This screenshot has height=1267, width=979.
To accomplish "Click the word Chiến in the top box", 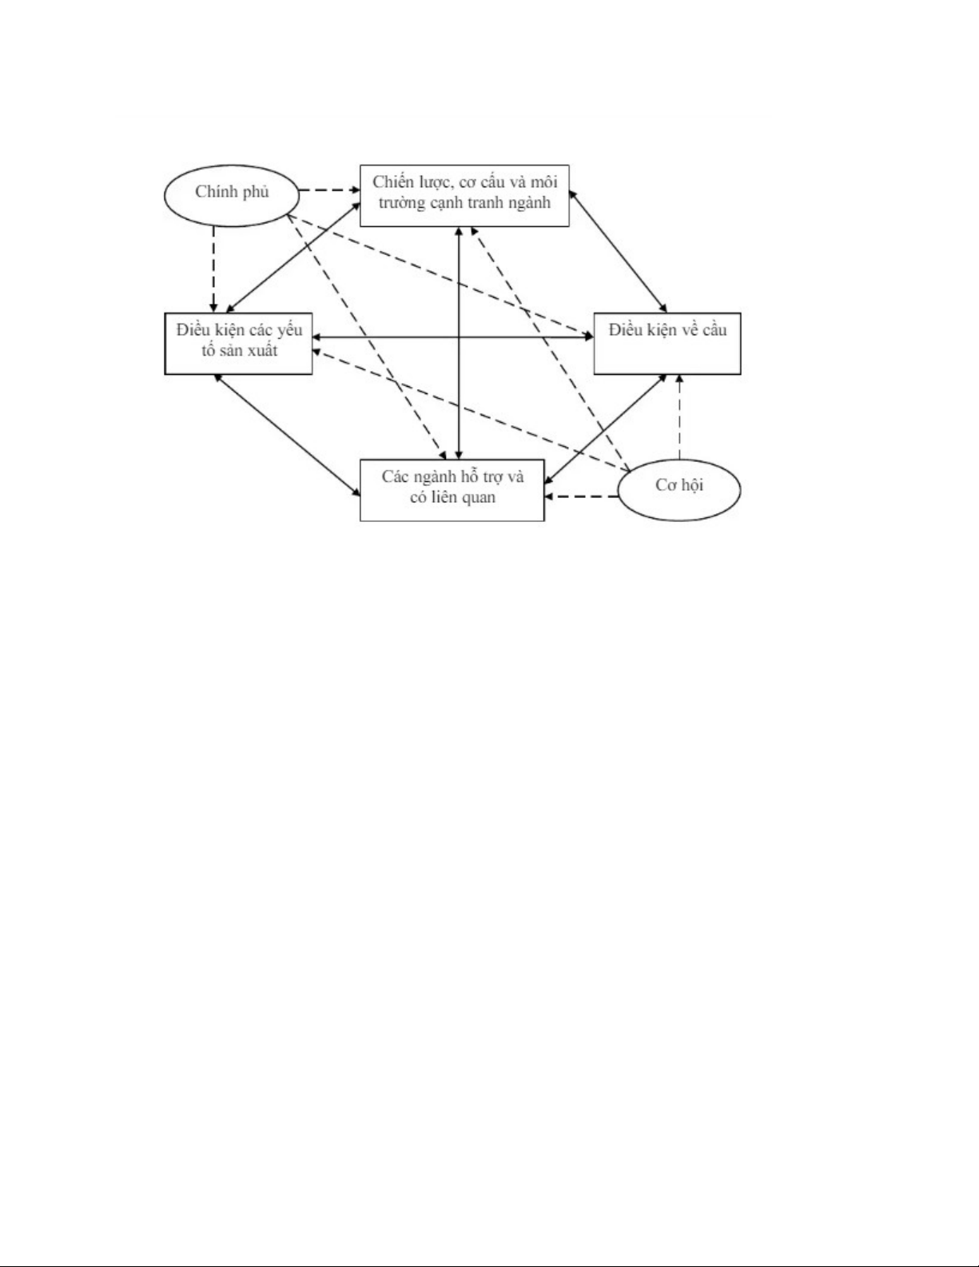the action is [x=394, y=182].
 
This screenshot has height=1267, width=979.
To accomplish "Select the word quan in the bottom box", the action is [x=478, y=497].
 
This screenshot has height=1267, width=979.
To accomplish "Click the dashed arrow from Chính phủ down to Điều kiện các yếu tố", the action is [x=214, y=269].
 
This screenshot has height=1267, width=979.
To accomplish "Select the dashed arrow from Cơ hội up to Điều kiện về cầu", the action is [x=679, y=417].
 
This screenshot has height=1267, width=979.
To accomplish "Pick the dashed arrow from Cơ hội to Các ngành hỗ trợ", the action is [x=581, y=496].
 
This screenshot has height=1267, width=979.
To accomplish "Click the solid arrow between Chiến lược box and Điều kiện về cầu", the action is [x=618, y=251].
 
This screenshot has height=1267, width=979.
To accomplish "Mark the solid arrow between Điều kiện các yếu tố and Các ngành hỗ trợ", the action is [x=287, y=435].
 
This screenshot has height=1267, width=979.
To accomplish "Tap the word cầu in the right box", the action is [x=714, y=330].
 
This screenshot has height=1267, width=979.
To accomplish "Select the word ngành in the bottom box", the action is [x=433, y=477].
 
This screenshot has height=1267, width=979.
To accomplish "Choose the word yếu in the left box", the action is [x=289, y=331].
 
